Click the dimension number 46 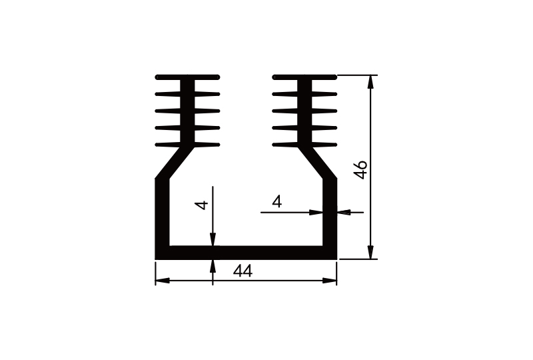pos(360,169)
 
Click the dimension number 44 pos(243,271)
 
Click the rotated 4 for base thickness pos(203,205)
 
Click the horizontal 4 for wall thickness pos(277,201)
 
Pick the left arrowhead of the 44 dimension pos(161,281)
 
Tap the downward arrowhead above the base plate pos(213,241)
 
